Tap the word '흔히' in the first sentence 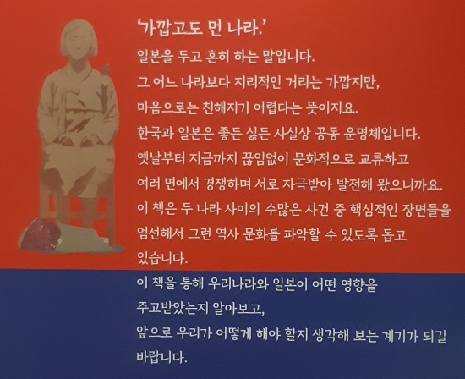(217, 56)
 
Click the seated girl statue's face (79, 45)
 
